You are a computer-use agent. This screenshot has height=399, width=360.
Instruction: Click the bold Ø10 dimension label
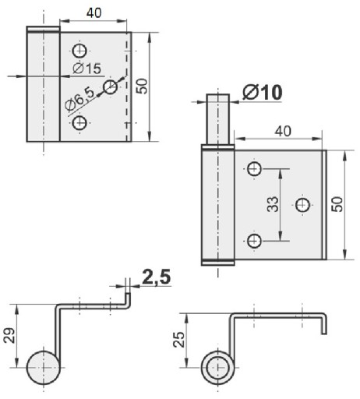coord(262,92)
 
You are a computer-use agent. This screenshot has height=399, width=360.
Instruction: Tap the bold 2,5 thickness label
coord(157,277)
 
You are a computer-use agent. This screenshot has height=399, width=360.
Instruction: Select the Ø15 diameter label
coord(87,69)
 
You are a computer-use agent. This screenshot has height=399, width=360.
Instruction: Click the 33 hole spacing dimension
coord(274,204)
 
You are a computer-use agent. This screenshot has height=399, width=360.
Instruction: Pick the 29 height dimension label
coord(9,336)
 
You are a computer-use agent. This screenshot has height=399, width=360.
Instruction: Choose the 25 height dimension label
coord(179,340)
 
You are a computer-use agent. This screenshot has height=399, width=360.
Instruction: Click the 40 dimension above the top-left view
coord(94,13)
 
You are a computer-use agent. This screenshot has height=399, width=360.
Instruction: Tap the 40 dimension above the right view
coord(283,131)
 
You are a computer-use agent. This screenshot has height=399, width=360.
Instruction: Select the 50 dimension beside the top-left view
coord(142,86)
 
